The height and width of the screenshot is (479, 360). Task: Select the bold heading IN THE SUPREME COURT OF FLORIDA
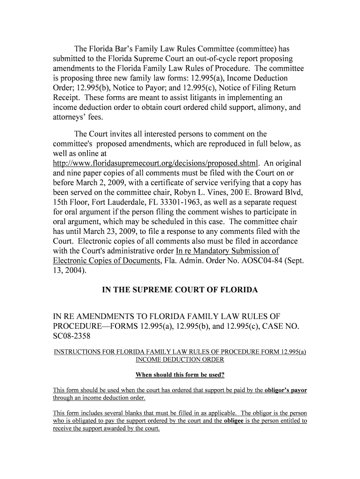coord(180,290)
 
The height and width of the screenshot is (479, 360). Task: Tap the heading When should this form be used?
coord(180,375)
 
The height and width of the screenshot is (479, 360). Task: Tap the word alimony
coord(267,108)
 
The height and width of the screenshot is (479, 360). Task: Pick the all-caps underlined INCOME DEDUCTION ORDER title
coord(180,360)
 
